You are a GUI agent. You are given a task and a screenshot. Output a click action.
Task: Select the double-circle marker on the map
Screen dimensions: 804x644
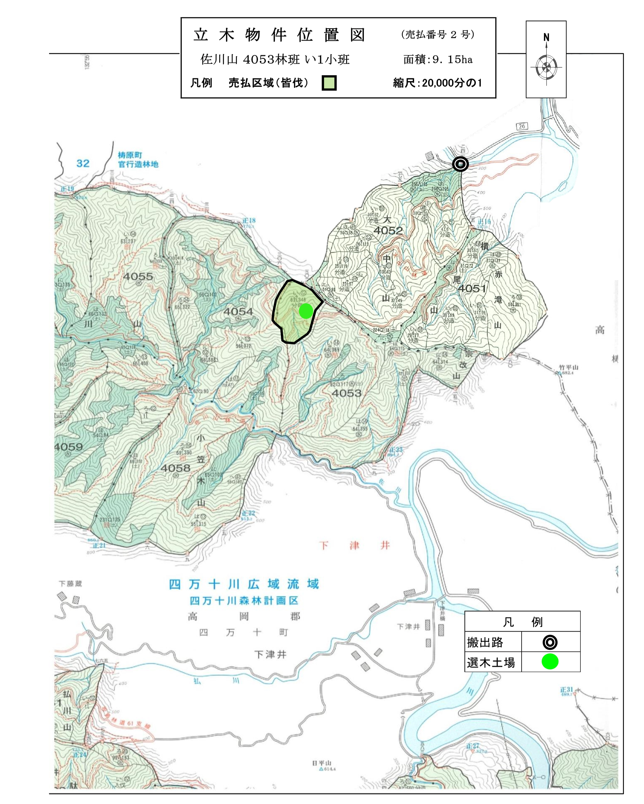click(460, 164)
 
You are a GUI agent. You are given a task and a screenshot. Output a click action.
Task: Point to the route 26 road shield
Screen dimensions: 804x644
click(522, 126)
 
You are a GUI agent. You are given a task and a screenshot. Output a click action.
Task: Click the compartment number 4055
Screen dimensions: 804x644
click(138, 276)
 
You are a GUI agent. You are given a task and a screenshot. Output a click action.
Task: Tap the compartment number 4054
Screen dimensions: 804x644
click(238, 311)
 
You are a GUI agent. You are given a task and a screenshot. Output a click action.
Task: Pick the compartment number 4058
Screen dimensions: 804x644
click(175, 468)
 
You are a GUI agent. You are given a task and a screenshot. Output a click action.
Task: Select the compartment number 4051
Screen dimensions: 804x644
click(472, 288)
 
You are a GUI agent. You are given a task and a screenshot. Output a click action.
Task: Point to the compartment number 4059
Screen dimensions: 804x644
click(69, 447)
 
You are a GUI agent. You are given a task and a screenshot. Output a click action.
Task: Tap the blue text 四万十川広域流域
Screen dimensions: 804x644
click(244, 584)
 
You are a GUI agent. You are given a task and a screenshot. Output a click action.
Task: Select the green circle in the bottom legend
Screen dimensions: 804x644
click(550, 662)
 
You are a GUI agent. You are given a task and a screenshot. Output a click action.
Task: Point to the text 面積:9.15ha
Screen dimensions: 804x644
click(438, 60)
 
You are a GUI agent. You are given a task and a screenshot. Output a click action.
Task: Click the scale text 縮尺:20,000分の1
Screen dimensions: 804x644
click(437, 83)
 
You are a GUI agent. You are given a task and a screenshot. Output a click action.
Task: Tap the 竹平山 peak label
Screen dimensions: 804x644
click(568, 367)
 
